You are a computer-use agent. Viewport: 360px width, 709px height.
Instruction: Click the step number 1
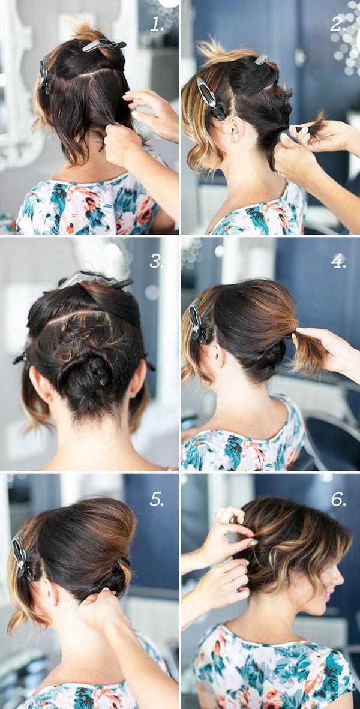[x=157, y=25]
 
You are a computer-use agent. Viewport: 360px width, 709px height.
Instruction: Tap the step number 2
[x=338, y=25]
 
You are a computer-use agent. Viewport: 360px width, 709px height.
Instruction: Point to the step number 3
[x=157, y=261]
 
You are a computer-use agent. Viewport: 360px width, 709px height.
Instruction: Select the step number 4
[x=338, y=261]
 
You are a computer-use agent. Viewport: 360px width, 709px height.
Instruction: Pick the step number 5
[x=157, y=499]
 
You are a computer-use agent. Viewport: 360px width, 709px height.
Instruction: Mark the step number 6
[x=338, y=499]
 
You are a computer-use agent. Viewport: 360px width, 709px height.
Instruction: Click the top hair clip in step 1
[x=104, y=45]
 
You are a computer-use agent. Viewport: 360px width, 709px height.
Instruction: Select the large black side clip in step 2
[x=211, y=98]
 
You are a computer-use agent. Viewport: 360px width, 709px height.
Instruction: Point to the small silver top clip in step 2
[x=262, y=59]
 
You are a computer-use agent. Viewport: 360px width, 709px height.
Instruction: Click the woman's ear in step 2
[x=235, y=129]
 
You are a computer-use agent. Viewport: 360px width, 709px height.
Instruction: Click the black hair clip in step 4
[x=198, y=323]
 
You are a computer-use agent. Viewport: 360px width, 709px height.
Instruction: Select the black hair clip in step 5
[x=22, y=557]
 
